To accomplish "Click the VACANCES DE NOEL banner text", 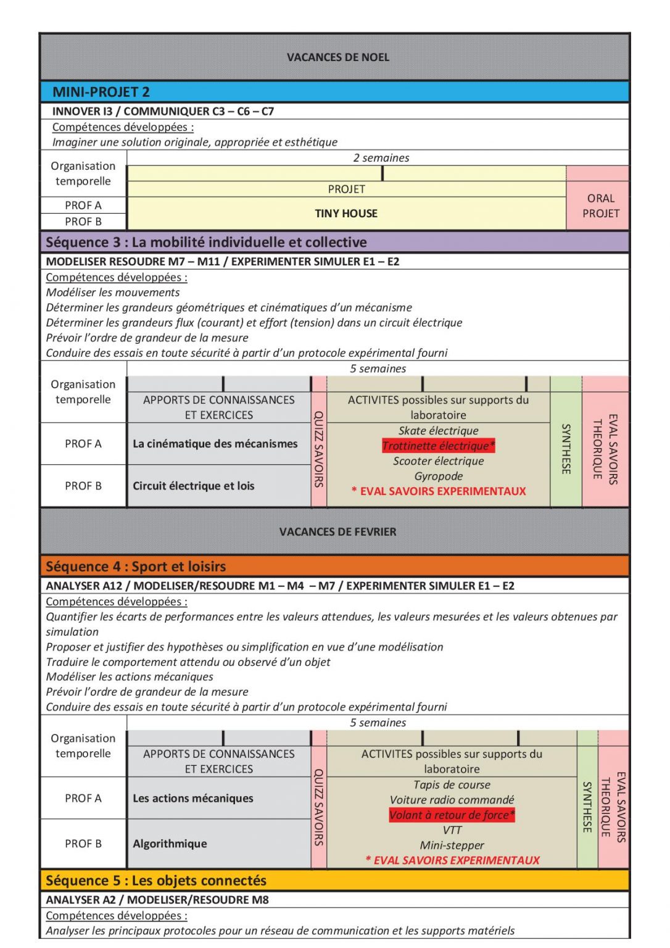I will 337,57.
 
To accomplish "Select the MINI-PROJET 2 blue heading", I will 101,92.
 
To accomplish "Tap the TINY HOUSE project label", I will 346,214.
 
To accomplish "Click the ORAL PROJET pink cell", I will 600,206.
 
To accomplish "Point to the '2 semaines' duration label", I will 381,158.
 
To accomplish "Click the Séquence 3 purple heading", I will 206,242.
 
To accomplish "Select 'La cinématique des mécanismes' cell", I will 215,444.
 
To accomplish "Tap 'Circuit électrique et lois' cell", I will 193,486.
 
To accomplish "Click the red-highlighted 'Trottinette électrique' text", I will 438,446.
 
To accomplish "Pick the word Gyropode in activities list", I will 438,476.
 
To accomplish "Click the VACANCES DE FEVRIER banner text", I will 337,531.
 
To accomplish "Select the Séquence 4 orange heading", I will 136,567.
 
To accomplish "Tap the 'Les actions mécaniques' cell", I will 192,798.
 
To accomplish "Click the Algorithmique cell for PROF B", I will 170,844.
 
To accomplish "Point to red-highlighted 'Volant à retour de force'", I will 452,815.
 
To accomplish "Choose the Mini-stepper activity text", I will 452,845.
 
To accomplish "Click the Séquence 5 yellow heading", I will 156,881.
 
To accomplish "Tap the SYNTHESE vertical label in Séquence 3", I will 566,449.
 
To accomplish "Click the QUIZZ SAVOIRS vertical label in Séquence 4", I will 319,807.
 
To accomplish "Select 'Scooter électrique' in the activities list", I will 438,461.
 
